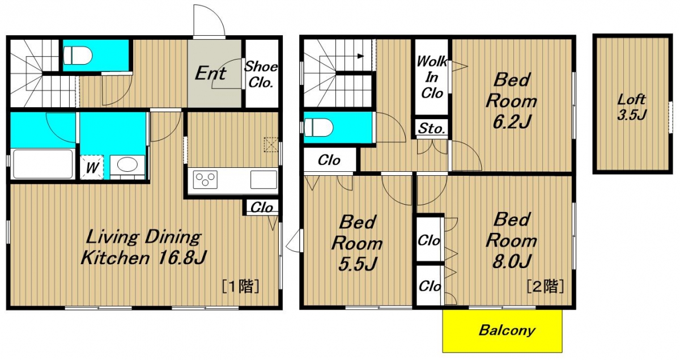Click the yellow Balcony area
coord(502,331)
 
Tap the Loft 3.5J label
coord(632,107)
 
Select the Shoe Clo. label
coord(261,74)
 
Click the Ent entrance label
coord(210,73)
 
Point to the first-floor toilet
coord(78,56)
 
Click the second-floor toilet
coord(318,128)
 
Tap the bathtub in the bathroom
coord(43,164)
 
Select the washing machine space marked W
coord(92,167)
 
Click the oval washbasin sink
coord(127,164)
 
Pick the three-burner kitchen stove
coord(205,180)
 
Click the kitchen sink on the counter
coord(263,180)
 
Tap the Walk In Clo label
coord(432,77)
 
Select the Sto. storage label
coord(432,128)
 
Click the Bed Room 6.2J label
coord(511,100)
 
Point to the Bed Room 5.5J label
coord(357,243)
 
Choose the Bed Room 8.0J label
coord(511,240)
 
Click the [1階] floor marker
coord(240,286)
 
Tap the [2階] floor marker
coord(545,286)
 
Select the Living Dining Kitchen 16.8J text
coord(143,247)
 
